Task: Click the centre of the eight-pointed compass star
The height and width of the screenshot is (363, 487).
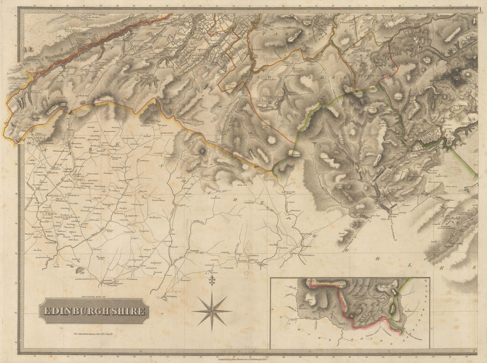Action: click(x=210, y=311)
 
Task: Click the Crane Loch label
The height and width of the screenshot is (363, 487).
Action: click(x=215, y=198)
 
